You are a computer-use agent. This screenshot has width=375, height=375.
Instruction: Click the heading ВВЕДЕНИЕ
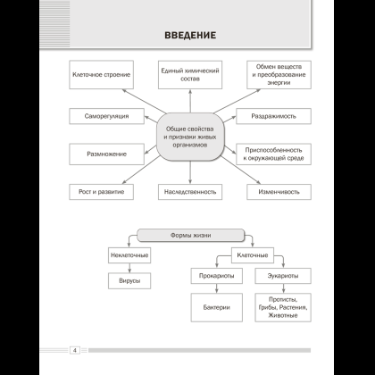190,35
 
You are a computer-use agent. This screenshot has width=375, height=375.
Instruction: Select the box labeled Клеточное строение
101,75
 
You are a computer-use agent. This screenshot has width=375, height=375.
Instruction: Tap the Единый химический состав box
190,75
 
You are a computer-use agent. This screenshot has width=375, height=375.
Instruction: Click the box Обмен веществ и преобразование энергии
279,75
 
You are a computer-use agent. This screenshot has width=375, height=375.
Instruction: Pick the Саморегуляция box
106,116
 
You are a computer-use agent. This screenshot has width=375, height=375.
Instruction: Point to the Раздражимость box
273,116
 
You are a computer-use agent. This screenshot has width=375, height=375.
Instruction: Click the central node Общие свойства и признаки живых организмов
190,137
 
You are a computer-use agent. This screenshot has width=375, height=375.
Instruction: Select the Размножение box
106,154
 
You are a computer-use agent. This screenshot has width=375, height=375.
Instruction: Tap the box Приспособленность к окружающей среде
273,154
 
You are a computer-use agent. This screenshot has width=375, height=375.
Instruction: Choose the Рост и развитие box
101,192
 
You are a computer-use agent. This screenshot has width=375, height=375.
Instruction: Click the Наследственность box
190,192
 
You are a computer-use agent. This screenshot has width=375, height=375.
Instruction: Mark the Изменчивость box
279,192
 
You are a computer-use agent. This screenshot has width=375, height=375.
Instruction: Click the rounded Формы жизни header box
190,235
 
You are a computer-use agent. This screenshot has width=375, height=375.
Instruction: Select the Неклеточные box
129,255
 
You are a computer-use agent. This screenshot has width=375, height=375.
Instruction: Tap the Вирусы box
129,280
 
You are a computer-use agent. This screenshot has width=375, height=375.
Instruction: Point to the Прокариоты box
217,276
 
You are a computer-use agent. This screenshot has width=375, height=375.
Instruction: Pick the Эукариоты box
283,276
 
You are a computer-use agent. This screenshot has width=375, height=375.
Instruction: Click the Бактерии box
217,307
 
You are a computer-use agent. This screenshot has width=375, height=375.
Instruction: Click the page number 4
75,350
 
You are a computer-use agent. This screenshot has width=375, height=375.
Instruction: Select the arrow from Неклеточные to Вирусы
129,268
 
